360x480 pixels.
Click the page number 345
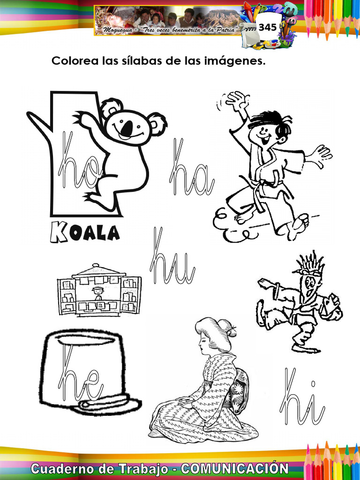pyautogui.click(x=267, y=27)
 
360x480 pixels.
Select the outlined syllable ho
pyautogui.click(x=77, y=162)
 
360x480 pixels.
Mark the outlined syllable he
pyautogui.click(x=80, y=375)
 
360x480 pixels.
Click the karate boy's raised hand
pyautogui.click(x=237, y=100)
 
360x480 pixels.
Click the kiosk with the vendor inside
pyautogui.click(x=99, y=291)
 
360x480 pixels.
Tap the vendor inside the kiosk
pyautogui.click(x=98, y=293)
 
